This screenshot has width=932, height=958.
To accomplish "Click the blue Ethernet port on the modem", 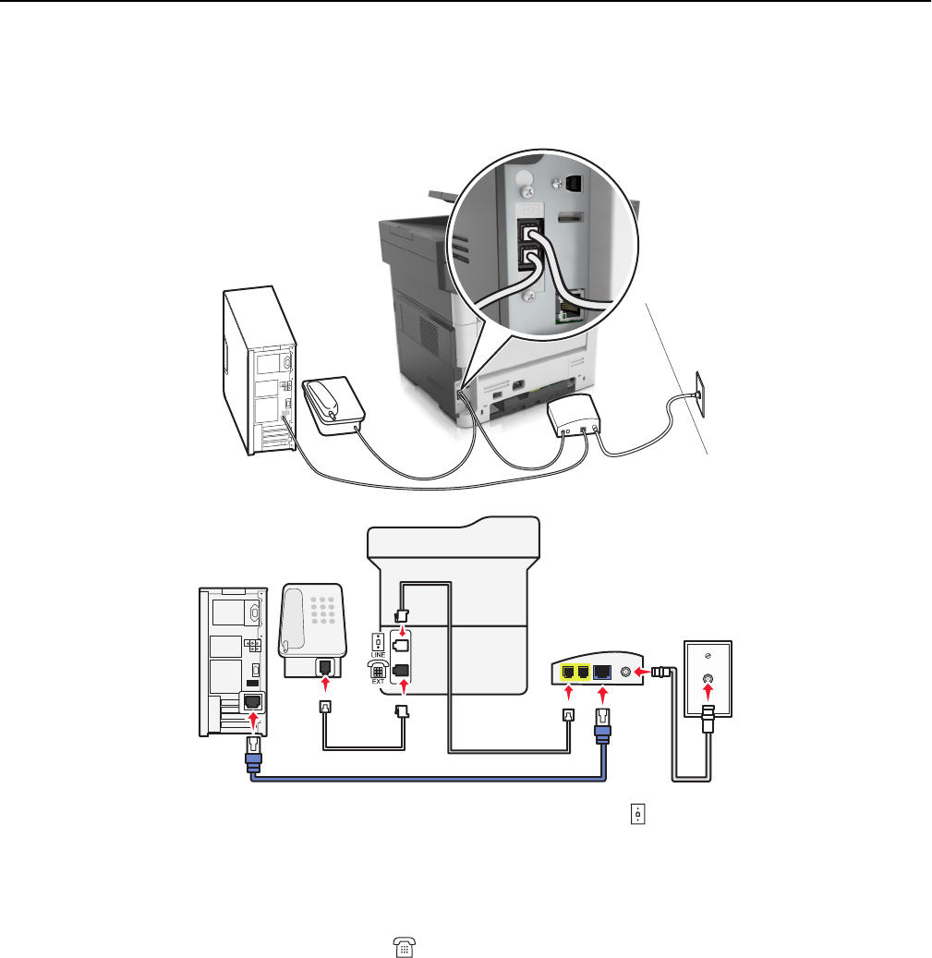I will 601,673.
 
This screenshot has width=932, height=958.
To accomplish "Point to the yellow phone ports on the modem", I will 574,673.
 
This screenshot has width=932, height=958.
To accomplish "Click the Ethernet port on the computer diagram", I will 253,702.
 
